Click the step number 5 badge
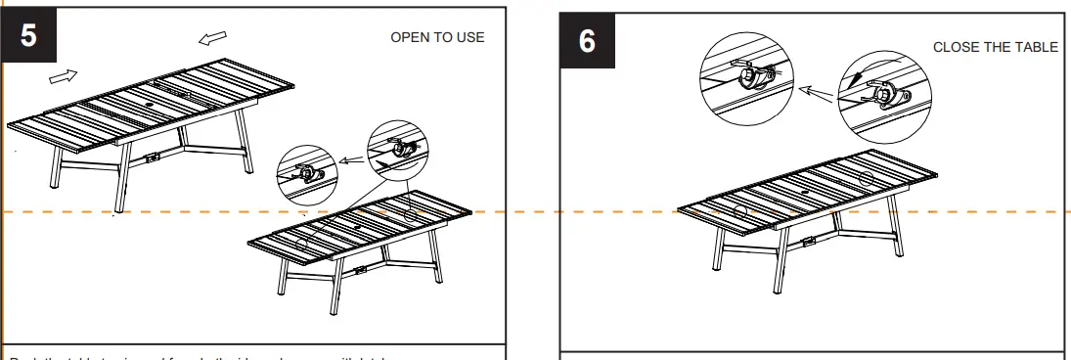pyautogui.click(x=28, y=36)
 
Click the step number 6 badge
pyautogui.click(x=587, y=43)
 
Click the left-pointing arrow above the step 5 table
pyautogui.click(x=210, y=38)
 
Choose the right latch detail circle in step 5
pyautogui.click(x=397, y=150)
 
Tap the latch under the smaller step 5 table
pyautogui.click(x=361, y=269)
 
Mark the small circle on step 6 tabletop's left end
pyautogui.click(x=738, y=211)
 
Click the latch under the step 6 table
pyautogui.click(x=808, y=241)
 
